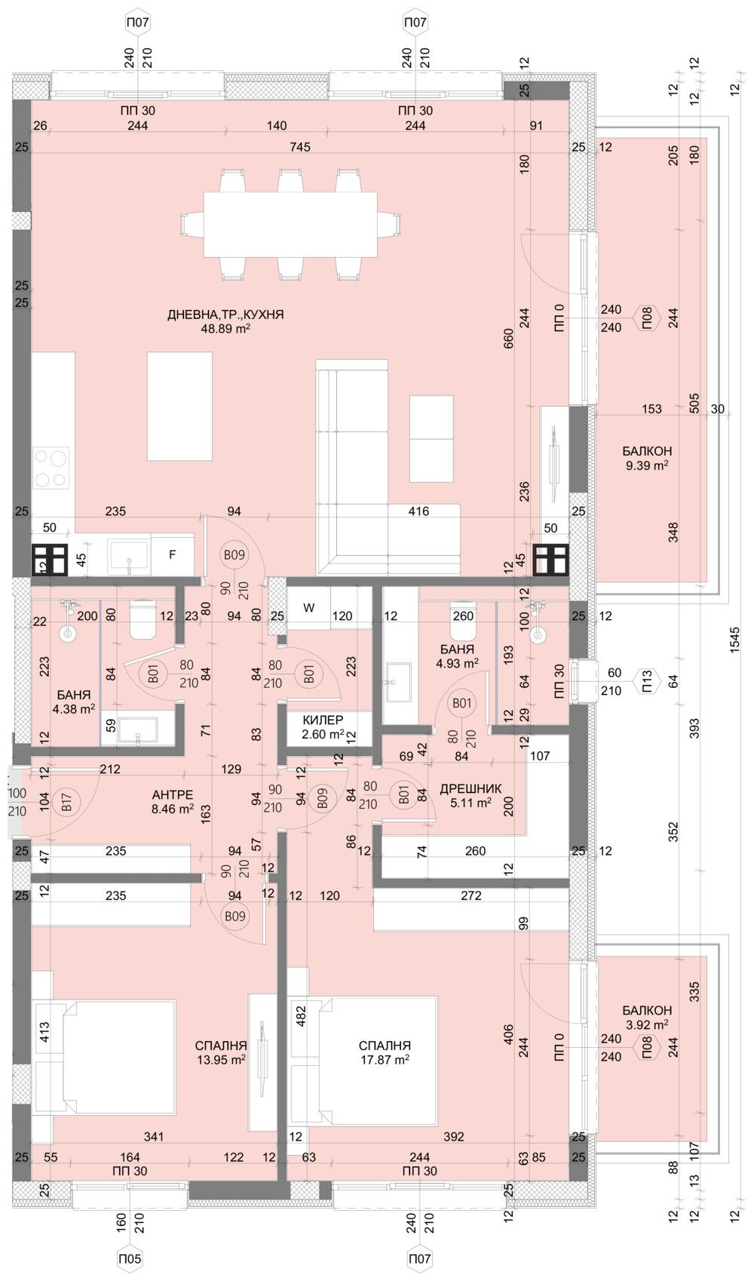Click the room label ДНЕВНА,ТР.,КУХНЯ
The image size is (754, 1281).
225,315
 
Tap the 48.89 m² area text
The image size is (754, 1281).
225,329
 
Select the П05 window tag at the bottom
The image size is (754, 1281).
130,1258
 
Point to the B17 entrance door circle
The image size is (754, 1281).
66,802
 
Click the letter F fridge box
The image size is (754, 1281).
172,555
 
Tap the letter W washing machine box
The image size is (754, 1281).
308,607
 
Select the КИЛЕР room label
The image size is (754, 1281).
323,720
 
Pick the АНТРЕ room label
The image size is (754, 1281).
173,795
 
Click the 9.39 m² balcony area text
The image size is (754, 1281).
646,465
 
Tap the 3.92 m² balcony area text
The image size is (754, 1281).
646,1024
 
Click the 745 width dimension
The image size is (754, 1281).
299,147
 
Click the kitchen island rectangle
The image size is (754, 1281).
179,406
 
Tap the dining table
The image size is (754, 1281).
290,225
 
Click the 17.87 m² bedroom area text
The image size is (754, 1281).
385,1060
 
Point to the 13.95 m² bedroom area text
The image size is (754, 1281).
221,1060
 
